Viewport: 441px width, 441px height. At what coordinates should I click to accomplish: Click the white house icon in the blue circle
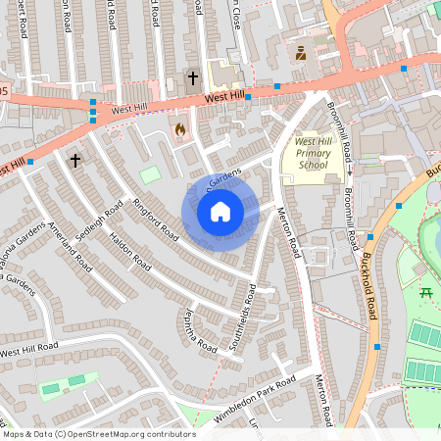(220, 212)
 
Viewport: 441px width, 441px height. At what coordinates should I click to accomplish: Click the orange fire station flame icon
(179, 129)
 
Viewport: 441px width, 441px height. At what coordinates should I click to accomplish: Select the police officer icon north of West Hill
(301, 54)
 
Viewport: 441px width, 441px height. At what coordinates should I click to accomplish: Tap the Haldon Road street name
(130, 251)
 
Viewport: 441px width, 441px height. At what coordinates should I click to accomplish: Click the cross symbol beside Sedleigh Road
(74, 159)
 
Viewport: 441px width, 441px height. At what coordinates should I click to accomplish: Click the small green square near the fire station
(150, 174)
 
